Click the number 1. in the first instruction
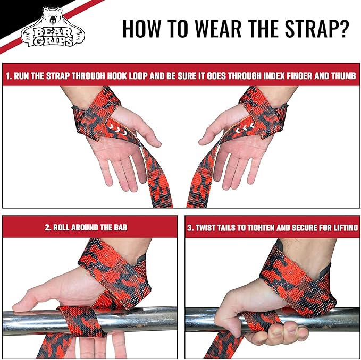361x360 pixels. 9,76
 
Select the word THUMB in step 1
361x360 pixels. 343,76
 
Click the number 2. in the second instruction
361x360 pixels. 48,227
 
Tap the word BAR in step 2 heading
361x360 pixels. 120,227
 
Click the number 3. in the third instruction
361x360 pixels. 191,227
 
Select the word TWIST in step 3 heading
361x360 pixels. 209,227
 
